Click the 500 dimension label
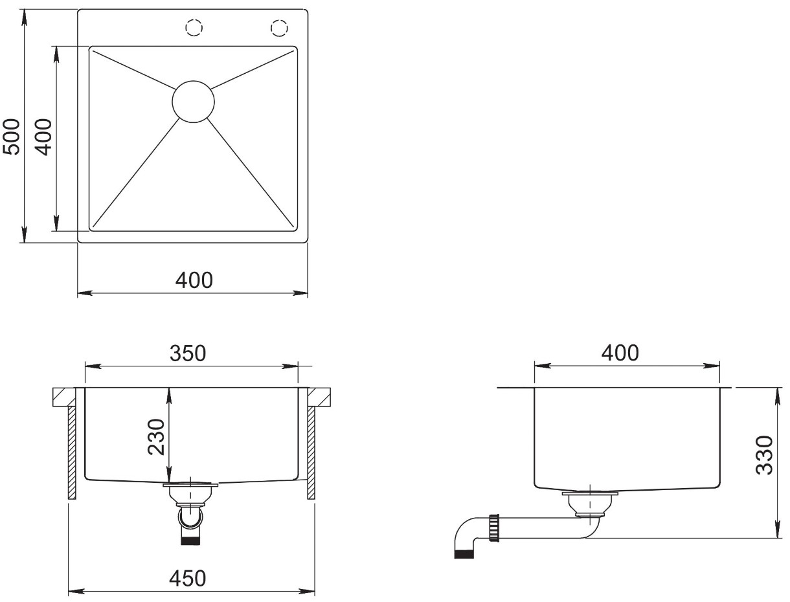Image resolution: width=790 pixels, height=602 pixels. click(x=11, y=137)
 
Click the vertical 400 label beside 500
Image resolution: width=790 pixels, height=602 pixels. click(x=45, y=137)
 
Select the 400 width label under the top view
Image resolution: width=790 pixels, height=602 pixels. click(x=194, y=280)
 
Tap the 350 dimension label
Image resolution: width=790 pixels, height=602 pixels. click(x=188, y=353)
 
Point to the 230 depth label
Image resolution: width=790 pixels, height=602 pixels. click(x=157, y=437)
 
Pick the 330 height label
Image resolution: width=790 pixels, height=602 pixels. click(x=764, y=455)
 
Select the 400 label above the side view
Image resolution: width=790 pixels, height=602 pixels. click(x=620, y=353)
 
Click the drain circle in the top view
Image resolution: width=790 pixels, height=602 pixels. click(x=193, y=102)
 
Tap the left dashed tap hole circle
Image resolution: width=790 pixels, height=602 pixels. click(x=194, y=28)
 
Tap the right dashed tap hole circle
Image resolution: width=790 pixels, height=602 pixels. click(x=279, y=28)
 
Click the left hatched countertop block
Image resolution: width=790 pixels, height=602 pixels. click(x=64, y=397)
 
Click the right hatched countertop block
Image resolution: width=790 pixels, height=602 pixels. click(x=319, y=397)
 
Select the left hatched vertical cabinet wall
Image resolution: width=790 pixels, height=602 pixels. click(x=72, y=452)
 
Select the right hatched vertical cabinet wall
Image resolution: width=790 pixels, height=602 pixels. click(x=311, y=452)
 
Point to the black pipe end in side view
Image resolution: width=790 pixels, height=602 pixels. click(x=464, y=554)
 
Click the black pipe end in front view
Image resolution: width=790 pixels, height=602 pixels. click(x=190, y=541)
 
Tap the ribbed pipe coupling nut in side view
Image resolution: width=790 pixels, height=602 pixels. click(x=494, y=528)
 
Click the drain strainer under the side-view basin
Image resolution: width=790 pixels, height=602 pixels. click(x=590, y=504)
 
